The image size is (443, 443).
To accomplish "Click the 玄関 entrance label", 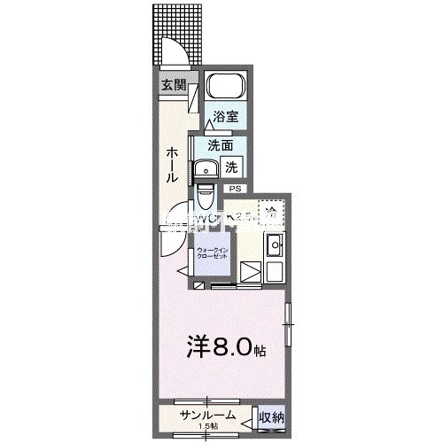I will click(174, 85).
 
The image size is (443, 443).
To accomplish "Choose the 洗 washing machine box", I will click(230, 166).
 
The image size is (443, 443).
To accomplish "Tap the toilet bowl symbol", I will click(206, 193).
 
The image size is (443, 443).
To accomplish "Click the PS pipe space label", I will click(235, 189).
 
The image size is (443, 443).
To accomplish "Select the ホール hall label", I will click(169, 165).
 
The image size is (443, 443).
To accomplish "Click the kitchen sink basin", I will click(274, 245).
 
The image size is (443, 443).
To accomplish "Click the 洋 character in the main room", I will click(198, 347).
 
